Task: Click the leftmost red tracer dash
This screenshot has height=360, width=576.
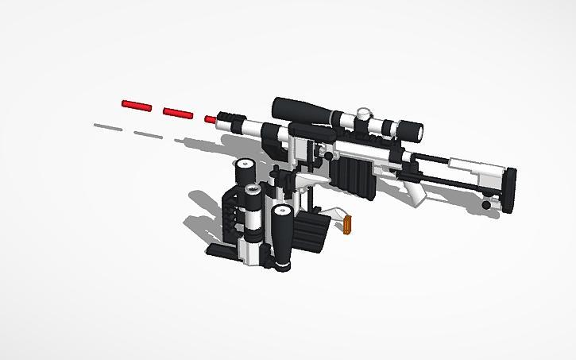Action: point(137,105)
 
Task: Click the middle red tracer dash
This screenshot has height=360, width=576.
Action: point(178,112)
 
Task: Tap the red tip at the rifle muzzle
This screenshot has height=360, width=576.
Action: point(210,119)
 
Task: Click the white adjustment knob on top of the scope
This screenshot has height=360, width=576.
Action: point(365,113)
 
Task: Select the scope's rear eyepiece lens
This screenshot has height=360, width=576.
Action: point(411,130)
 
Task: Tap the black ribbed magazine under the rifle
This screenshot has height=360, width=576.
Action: point(352,175)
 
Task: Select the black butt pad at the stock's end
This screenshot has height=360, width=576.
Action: point(508,189)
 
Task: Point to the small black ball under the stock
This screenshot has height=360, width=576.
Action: point(486,204)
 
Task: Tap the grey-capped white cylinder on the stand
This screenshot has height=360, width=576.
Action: point(253,208)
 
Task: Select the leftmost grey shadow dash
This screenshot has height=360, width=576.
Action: point(106,126)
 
